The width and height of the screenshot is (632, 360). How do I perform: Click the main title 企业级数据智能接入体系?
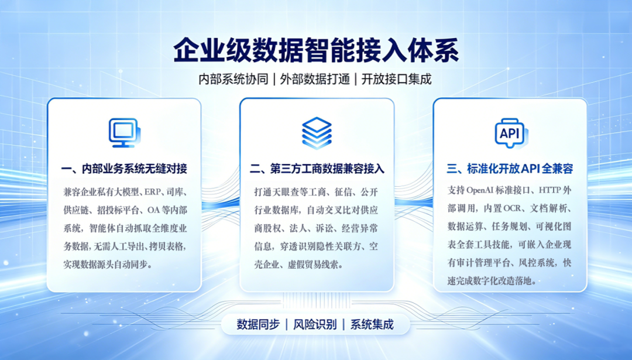pyautogui.click(x=317, y=50)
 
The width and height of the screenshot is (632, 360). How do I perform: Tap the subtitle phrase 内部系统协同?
pyautogui.click(x=233, y=79)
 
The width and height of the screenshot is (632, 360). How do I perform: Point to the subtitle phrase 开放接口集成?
pyautogui.click(x=397, y=79)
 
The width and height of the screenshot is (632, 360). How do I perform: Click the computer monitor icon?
pyautogui.click(x=125, y=133)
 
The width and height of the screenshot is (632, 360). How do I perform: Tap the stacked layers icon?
pyautogui.click(x=317, y=133)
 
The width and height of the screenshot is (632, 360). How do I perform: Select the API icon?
pyautogui.click(x=511, y=133)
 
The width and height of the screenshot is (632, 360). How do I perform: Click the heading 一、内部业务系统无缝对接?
pyautogui.click(x=124, y=169)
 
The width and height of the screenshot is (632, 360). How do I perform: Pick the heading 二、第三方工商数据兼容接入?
pyautogui.click(x=317, y=169)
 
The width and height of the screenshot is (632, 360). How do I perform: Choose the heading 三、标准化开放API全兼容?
pyautogui.click(x=510, y=169)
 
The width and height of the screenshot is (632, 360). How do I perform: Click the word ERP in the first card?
pyautogui.click(x=152, y=192)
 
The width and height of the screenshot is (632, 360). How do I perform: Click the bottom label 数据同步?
pyautogui.click(x=258, y=324)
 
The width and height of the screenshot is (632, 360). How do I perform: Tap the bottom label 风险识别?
pyautogui.click(x=315, y=324)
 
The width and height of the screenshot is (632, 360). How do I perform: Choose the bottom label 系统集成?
pyautogui.click(x=372, y=324)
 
